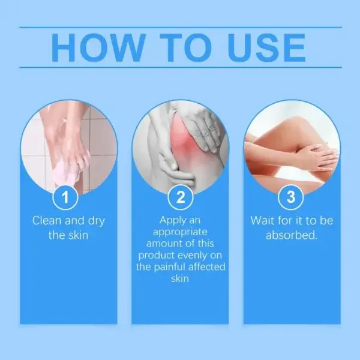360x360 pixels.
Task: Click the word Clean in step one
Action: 48,221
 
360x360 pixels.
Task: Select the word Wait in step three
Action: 263,221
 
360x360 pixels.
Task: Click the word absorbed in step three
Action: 291,235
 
